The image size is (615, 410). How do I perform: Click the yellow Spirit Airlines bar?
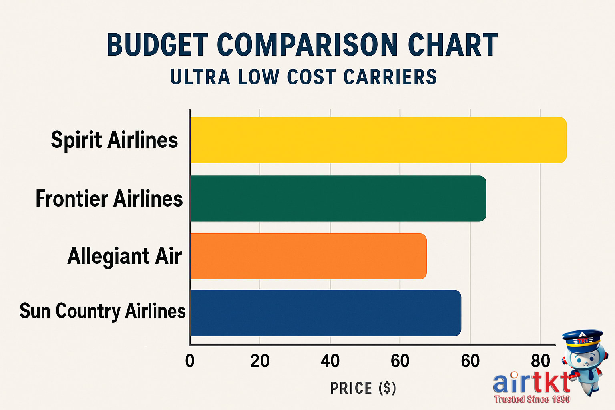point(378,140)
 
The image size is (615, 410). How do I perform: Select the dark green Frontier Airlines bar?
point(338,199)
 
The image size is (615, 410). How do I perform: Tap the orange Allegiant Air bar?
point(308,256)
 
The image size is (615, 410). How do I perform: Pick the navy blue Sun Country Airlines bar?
point(325,313)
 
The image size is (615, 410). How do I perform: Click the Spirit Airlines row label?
point(114,140)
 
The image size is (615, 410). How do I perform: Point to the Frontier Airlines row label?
point(109,199)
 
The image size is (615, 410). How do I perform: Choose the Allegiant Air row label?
point(125,256)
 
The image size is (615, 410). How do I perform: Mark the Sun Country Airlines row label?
point(102,311)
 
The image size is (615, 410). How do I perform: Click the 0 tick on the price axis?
point(190,361)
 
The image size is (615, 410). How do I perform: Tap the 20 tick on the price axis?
point(260,361)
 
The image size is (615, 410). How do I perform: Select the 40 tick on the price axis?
point(330,361)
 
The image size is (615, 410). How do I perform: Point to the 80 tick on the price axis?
point(540,361)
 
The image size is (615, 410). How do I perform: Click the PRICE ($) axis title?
point(363,388)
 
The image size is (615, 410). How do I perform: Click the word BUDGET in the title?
point(157,45)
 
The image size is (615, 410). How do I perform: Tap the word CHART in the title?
point(452,45)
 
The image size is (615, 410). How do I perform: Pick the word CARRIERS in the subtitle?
point(390,77)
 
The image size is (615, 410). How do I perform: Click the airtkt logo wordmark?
point(531,382)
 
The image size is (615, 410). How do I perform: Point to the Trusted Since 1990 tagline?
point(532,399)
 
